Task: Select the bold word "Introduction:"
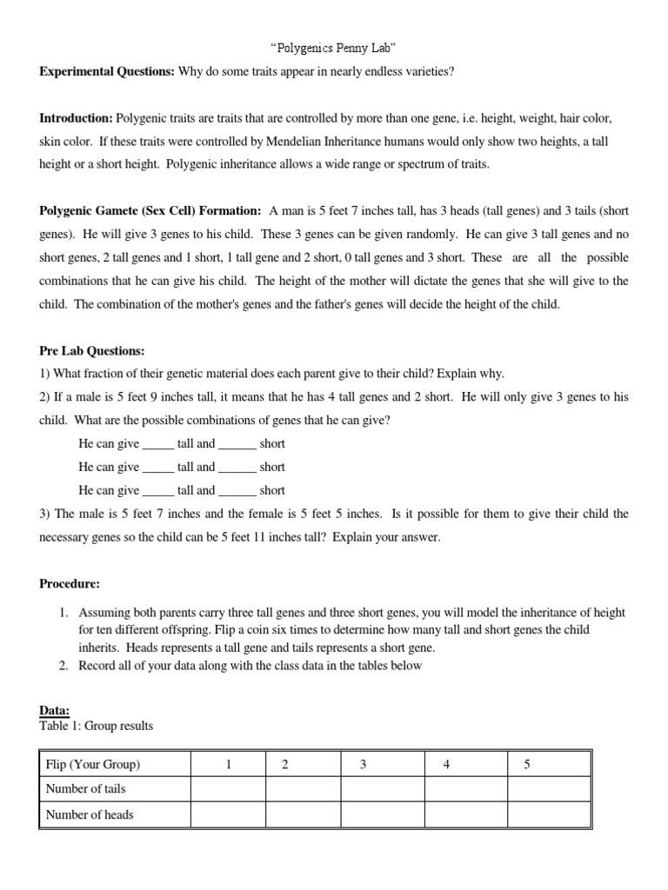point(76,117)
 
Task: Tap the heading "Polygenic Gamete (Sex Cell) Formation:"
point(150,211)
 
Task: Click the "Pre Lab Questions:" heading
point(91,351)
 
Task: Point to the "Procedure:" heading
point(69,585)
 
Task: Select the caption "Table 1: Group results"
point(96,726)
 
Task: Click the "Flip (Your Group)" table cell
point(93,765)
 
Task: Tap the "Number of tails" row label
point(85,789)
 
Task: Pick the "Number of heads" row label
point(90,814)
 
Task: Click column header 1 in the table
point(228,765)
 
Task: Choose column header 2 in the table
point(284,765)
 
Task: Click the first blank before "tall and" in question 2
point(158,444)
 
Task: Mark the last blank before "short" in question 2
point(237,491)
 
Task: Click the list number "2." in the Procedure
point(64,666)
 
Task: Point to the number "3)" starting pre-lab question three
point(45,515)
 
